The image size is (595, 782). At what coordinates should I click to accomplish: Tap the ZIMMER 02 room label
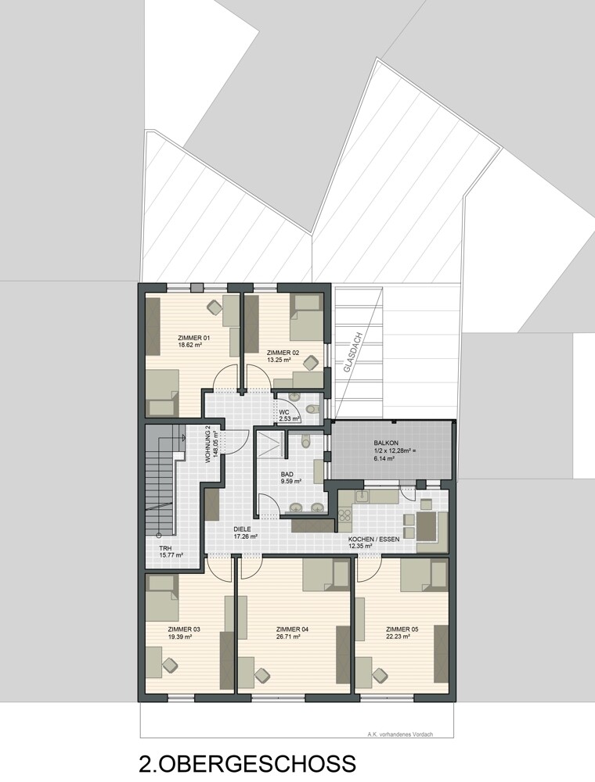tap(283, 353)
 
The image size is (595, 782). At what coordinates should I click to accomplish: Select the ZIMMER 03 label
tap(184, 629)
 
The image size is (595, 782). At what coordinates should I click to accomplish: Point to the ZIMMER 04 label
tap(293, 629)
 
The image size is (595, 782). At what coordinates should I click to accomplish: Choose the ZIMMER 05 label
tap(402, 629)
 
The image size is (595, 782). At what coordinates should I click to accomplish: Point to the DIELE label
tap(243, 529)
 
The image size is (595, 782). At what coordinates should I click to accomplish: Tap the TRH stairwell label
tap(165, 547)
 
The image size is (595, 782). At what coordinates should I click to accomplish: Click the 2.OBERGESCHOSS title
tap(247, 764)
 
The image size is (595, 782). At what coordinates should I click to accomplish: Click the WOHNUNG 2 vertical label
tap(208, 444)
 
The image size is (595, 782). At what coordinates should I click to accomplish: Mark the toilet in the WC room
tap(312, 407)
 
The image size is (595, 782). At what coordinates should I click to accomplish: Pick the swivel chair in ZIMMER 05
tap(381, 674)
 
